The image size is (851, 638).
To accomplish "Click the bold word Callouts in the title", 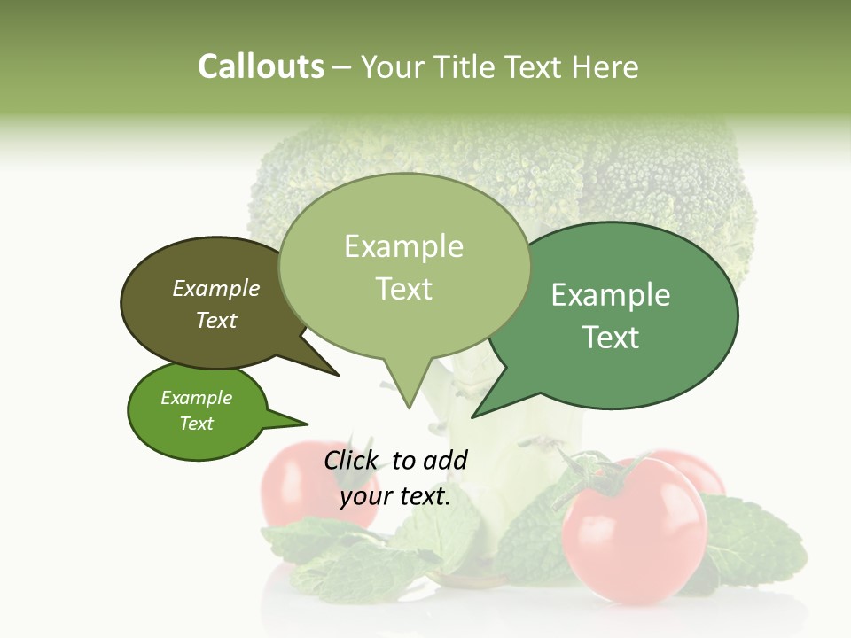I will (261, 66).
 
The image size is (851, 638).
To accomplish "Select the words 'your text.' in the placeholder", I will (395, 496).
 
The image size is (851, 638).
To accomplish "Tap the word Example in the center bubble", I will (403, 246).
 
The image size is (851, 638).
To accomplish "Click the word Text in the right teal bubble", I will (611, 338).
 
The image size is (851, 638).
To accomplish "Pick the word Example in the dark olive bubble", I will (215, 289).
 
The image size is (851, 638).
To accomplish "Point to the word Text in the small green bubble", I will (197, 424).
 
